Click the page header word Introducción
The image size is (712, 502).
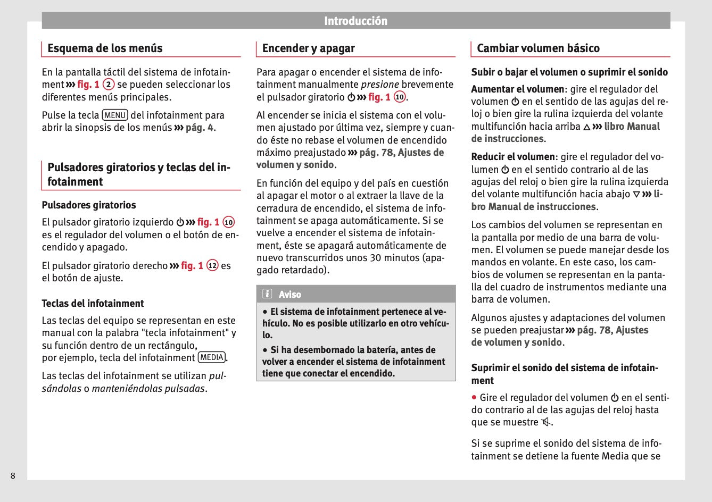coord(355,21)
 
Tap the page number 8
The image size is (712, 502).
coord(13,475)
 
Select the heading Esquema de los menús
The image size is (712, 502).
coord(105,48)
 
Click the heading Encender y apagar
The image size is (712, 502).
coord(308,48)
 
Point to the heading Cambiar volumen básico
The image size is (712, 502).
coord(538,48)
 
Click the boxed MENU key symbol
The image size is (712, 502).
coord(115,115)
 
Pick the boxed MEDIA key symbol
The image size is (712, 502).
coord(212,358)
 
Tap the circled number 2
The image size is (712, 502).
coord(109,85)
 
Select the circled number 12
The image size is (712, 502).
coord(212,265)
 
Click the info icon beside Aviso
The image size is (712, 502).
coord(267,294)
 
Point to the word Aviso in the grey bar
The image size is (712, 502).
coord(290,295)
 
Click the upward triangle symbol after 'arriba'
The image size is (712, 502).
coord(586,127)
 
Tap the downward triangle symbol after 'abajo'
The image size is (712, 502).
coord(636,195)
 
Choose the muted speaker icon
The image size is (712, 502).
coord(546,423)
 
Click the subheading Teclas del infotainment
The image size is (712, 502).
coord(93,304)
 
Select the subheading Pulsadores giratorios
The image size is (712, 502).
coord(89,205)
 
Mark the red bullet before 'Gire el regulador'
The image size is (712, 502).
coord(474,397)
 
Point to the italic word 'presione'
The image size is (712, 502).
coord(380,85)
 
